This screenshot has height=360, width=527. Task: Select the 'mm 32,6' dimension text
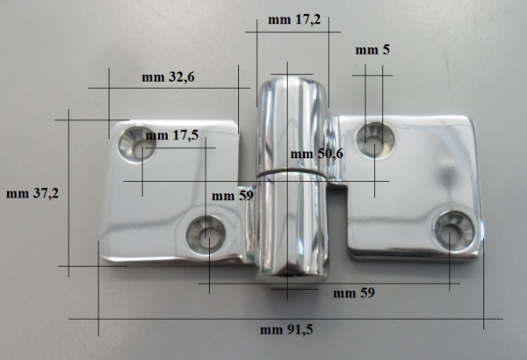pyautogui.click(x=168, y=77)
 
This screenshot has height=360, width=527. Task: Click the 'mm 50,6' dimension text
pyautogui.click(x=317, y=155)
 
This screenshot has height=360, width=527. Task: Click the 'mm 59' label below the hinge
pyautogui.click(x=354, y=292)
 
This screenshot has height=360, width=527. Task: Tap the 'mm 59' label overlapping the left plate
pyautogui.click(x=233, y=196)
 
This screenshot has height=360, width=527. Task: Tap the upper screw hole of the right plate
pyautogui.click(x=374, y=139)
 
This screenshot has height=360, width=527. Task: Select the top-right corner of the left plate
pyautogui.click(x=236, y=124)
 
